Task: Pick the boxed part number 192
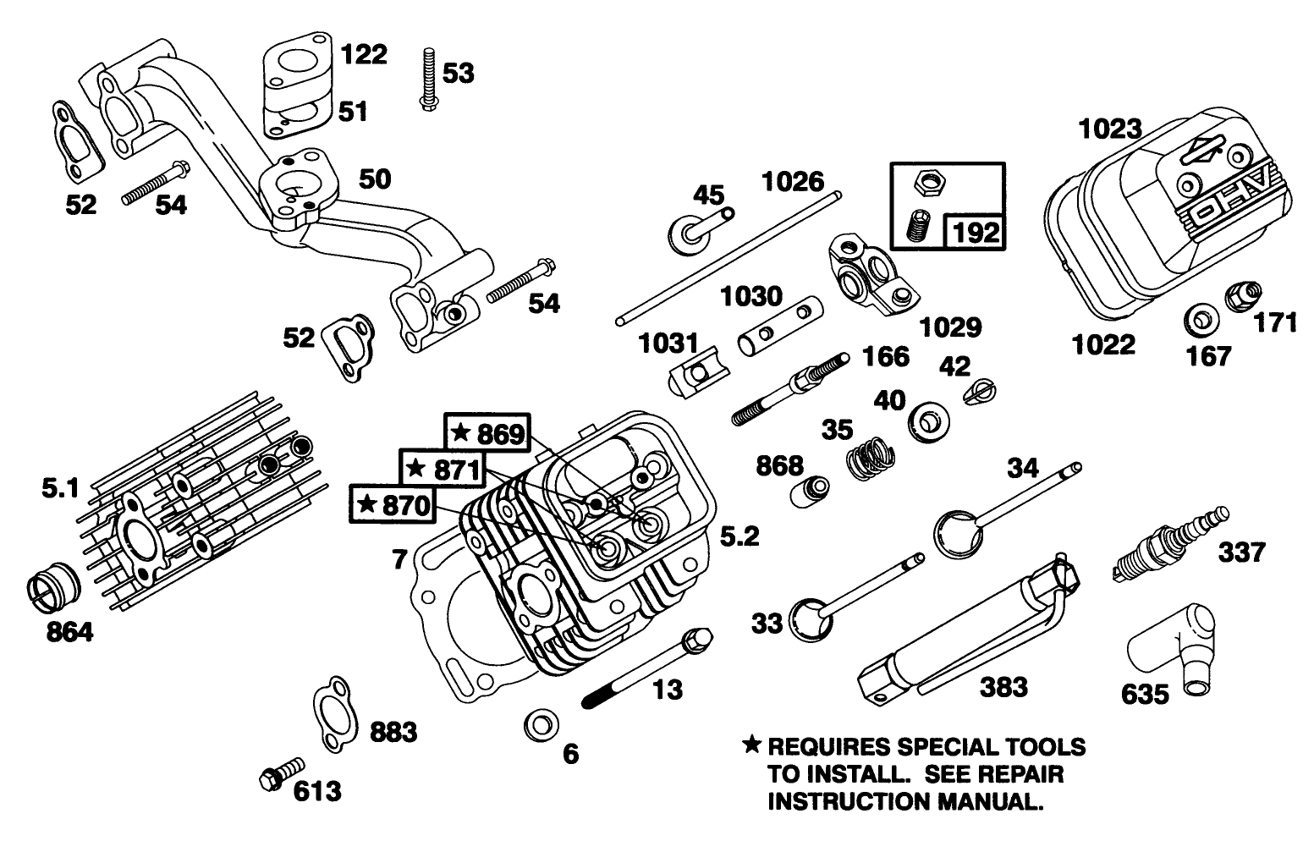click(x=976, y=231)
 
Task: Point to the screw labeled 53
click(x=428, y=79)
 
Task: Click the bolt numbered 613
click(x=279, y=772)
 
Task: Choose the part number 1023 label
click(x=1110, y=129)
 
